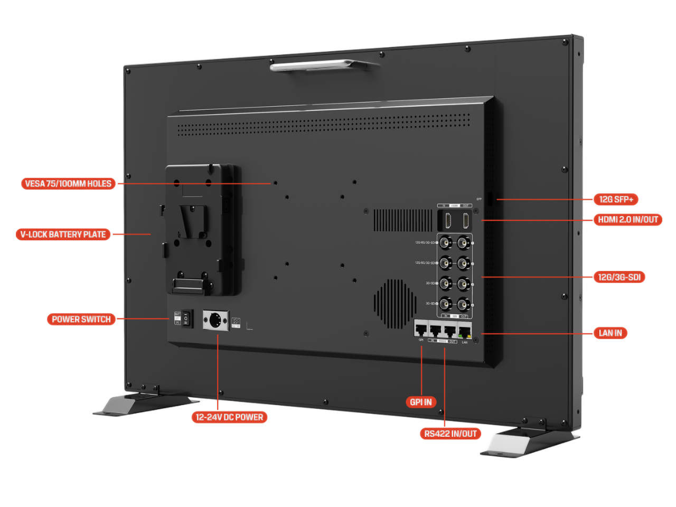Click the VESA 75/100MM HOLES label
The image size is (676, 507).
68,184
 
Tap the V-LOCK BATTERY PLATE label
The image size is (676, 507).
63,234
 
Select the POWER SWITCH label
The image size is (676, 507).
81,319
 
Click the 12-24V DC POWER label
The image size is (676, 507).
229,417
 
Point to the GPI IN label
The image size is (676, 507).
420,402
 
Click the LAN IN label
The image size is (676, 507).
610,333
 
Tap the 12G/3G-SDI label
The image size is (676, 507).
619,277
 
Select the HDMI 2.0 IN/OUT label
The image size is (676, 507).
628,220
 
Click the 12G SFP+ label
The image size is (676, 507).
616,199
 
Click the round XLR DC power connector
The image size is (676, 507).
215,321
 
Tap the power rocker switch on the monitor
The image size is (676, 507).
186,319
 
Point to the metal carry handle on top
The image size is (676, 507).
323,65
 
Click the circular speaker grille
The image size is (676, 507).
395,304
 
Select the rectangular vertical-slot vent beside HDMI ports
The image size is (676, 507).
402,220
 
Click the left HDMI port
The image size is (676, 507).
448,220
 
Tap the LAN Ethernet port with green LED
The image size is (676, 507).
464,331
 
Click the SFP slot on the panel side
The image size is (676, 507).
490,199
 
